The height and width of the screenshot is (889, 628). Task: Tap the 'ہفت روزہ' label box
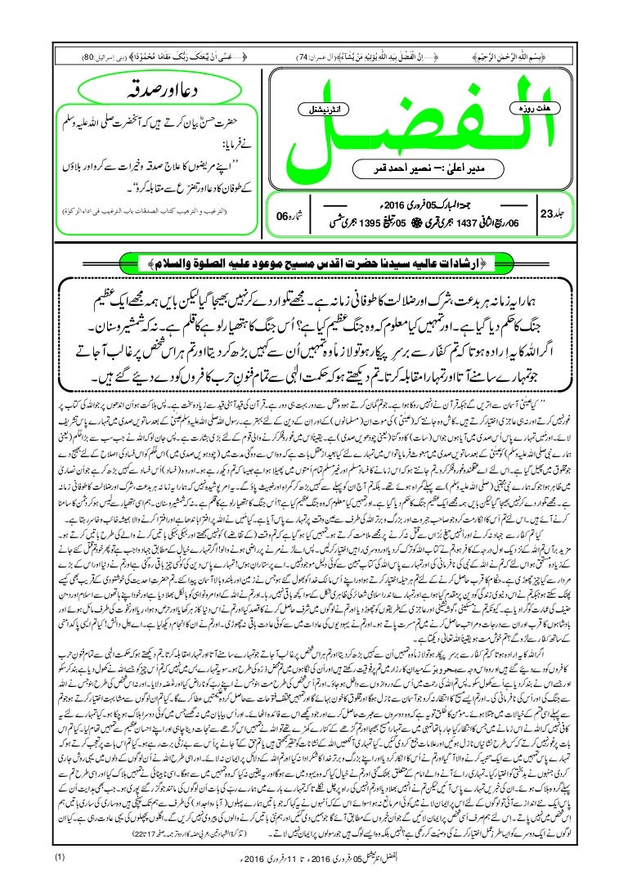pos(532,107)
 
